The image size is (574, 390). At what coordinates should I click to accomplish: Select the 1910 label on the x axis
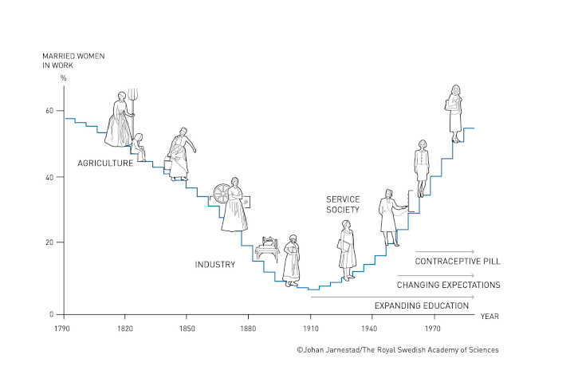point(310,328)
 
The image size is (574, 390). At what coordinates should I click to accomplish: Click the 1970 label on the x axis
point(433,328)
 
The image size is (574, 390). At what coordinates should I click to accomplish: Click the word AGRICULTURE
point(105,163)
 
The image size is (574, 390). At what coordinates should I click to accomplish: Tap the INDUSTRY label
point(215,264)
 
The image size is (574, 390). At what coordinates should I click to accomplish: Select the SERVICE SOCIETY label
point(343,204)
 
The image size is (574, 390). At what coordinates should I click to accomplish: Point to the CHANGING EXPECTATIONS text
point(448,284)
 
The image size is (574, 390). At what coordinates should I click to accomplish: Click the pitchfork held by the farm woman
point(134,102)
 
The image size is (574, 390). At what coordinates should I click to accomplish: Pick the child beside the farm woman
point(140,146)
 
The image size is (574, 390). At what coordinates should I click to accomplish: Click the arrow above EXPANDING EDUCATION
point(392,297)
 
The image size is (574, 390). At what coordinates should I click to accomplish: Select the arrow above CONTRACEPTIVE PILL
point(444,251)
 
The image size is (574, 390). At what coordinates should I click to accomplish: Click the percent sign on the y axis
point(63,77)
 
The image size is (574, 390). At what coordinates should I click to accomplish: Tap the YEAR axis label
point(489,315)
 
